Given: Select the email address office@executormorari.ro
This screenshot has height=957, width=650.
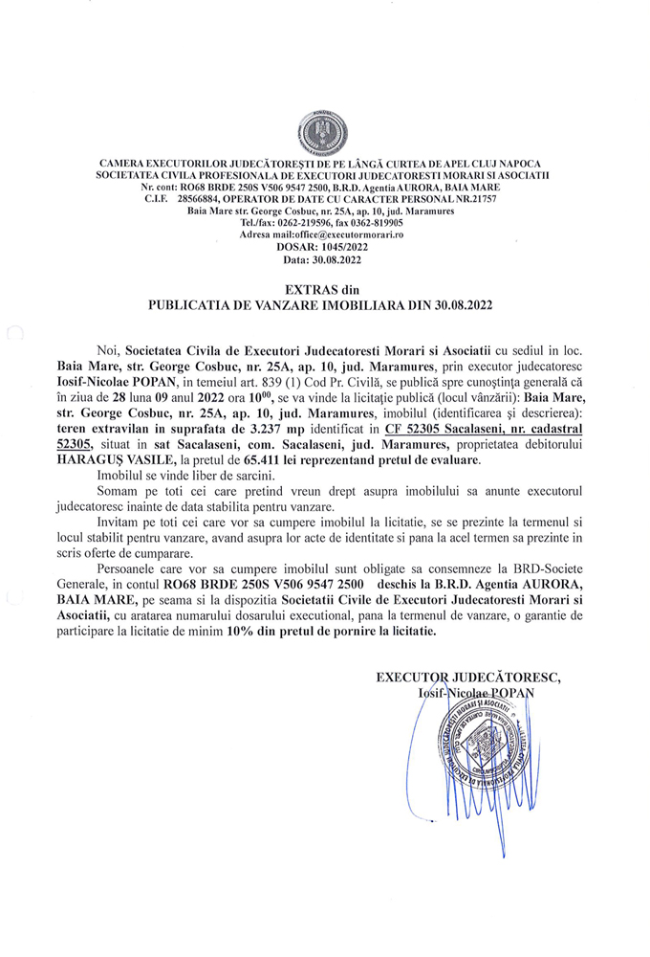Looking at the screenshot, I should (344, 234).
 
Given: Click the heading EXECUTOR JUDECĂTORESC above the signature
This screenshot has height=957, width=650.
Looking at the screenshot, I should (467, 678).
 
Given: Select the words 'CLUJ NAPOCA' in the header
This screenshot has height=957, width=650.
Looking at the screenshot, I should (507, 164).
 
